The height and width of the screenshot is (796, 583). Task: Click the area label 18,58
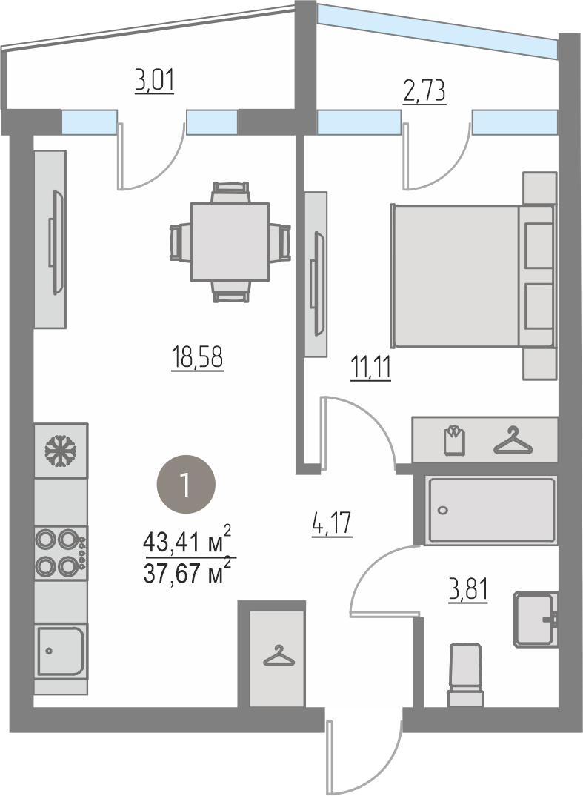[197, 357]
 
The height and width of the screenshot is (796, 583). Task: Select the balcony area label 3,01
[154, 81]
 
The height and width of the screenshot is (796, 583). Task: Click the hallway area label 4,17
[332, 523]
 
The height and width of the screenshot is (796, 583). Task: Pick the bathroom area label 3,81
[468, 590]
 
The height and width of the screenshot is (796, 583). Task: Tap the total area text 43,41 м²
[187, 541]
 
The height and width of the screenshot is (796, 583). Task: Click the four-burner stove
[61, 553]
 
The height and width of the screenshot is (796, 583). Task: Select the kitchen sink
[61, 651]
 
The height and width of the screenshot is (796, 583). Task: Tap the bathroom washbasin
[536, 620]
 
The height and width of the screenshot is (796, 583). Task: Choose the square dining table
[230, 242]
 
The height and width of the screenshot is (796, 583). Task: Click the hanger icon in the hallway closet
[279, 655]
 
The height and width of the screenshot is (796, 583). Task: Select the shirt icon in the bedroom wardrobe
[454, 440]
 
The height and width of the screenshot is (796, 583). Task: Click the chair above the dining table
[231, 192]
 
